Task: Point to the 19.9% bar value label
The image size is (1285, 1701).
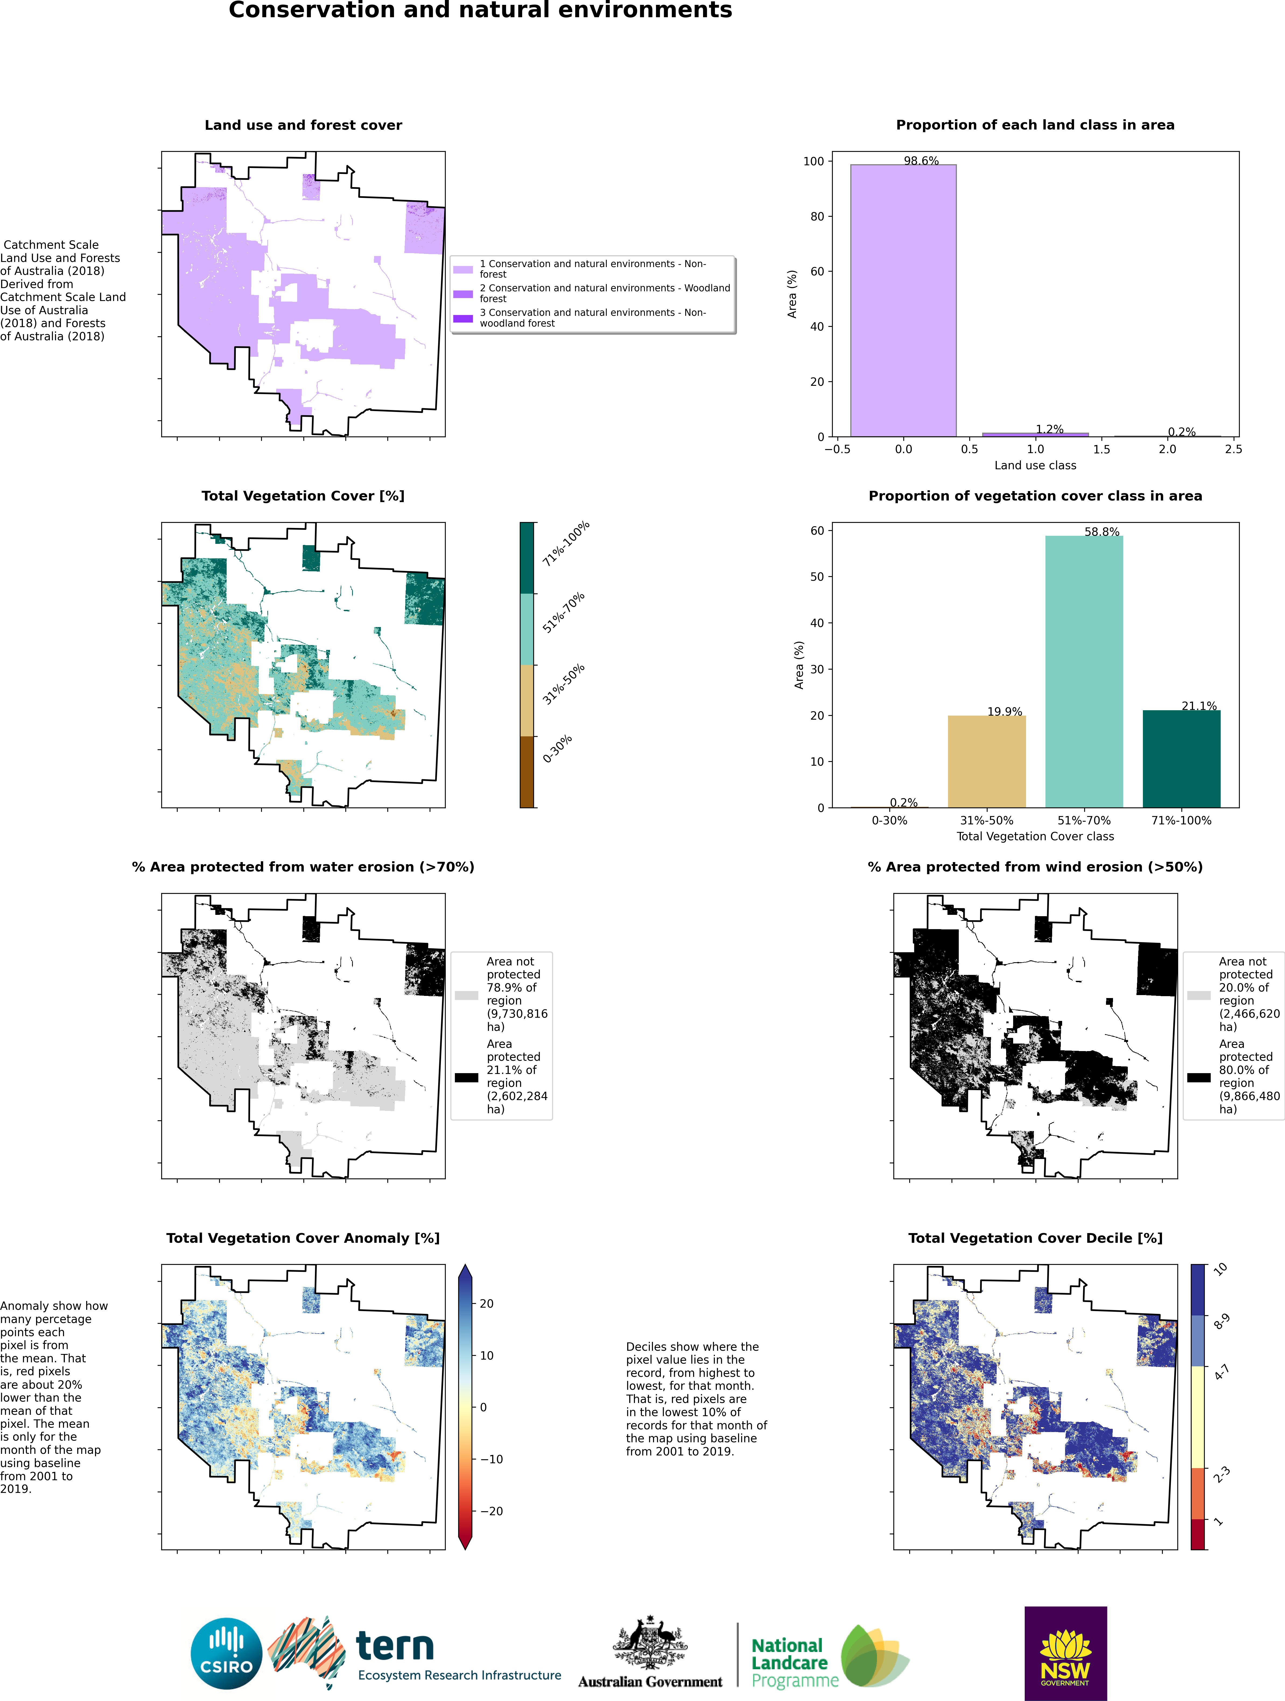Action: tap(1004, 711)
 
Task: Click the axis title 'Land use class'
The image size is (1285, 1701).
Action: tap(1035, 465)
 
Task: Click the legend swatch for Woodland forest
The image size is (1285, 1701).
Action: tap(463, 294)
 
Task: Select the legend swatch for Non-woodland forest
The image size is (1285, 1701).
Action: tap(463, 318)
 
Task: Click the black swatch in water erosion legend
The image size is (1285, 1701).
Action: tap(466, 1077)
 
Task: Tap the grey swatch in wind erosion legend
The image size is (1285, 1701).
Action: tap(1198, 995)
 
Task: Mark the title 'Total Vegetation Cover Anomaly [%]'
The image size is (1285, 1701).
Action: tap(303, 1238)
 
